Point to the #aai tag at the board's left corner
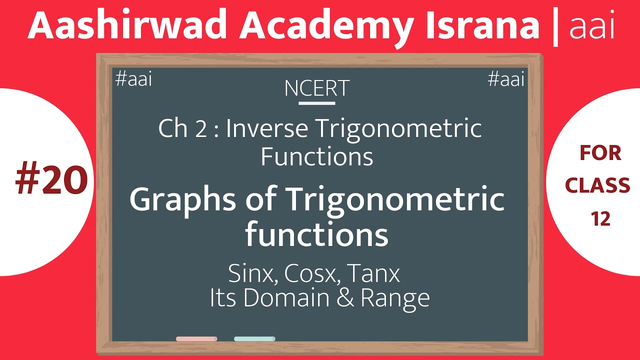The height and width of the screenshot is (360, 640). (x=133, y=79)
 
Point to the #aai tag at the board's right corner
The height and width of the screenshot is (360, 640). (x=506, y=79)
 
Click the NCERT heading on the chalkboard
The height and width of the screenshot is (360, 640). (x=316, y=88)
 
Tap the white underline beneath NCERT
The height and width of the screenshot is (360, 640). (x=316, y=103)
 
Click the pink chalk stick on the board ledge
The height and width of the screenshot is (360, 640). (x=196, y=339)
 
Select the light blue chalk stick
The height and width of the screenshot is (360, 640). (x=254, y=339)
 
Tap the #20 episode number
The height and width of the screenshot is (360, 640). (x=51, y=180)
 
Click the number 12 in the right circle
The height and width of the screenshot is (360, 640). (x=600, y=218)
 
